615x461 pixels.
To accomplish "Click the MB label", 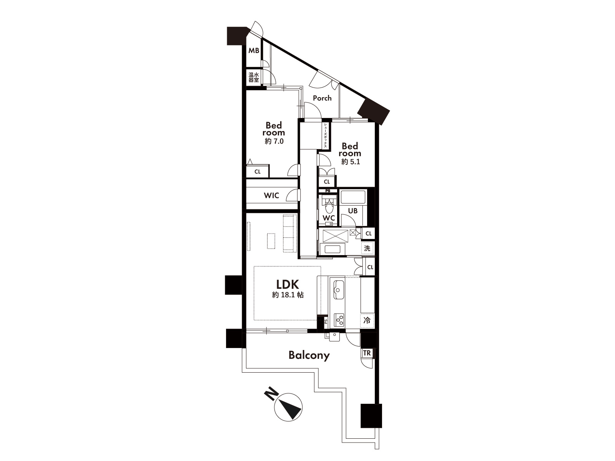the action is [254, 51].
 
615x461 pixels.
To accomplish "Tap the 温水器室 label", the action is [254, 77].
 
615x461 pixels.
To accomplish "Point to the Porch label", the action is [322, 98].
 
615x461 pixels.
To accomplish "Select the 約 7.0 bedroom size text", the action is [274, 141].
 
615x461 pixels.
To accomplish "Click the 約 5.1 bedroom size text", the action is [351, 162].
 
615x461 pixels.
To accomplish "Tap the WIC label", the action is [271, 196].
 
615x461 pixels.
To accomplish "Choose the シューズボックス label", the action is [325, 135].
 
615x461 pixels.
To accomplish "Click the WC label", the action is [329, 218].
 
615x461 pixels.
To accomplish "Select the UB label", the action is [353, 211].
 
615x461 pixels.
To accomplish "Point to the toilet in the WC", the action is [329, 205].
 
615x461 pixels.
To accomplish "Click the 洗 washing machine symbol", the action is [367, 248].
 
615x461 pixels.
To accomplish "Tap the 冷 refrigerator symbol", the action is [367, 320].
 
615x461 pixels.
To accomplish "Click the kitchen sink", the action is [339, 289].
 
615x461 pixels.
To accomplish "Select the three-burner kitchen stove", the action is [339, 320].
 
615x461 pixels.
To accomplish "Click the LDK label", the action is [288, 284].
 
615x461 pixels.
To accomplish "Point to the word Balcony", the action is [309, 355].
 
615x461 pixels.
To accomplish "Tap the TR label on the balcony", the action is [367, 353].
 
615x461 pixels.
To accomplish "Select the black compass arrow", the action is [291, 409].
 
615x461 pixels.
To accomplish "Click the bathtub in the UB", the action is [353, 197].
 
